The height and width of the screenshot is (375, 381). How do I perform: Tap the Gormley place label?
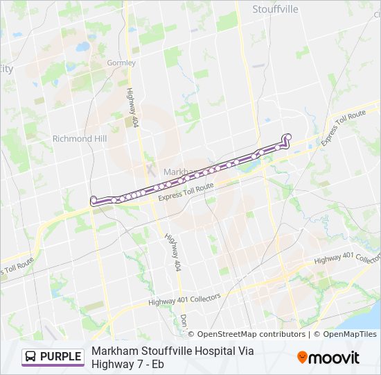[x=121, y=62]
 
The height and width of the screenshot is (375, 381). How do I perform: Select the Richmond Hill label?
[x=80, y=139]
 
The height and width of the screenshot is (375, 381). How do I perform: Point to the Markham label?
[x=179, y=172]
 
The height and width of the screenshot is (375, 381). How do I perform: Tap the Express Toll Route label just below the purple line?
[x=186, y=192]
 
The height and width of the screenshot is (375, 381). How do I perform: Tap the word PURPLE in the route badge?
[x=60, y=357]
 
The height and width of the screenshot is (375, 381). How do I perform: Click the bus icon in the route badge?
[x=31, y=357]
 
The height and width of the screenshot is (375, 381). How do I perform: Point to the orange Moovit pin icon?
[x=302, y=357]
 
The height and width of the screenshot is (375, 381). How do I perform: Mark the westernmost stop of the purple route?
[x=94, y=200]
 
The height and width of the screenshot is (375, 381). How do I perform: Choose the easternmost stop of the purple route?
[x=288, y=137]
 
